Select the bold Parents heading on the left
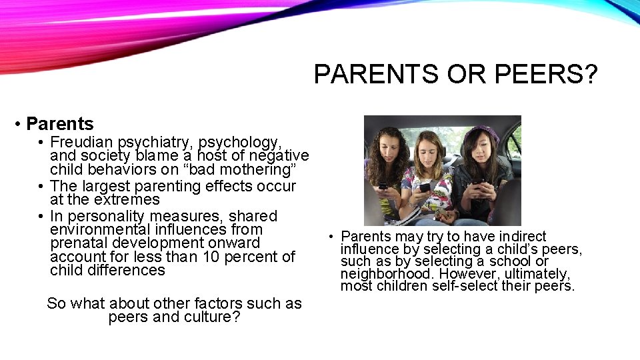pyautogui.click(x=60, y=124)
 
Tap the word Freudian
pyautogui.click(x=81, y=142)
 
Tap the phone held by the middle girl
pyautogui.click(x=425, y=188)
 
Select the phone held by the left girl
pyautogui.click(x=383, y=185)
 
